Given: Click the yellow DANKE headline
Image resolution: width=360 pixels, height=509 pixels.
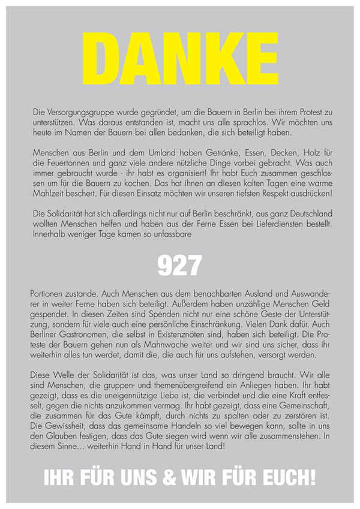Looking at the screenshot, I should (x=179, y=55).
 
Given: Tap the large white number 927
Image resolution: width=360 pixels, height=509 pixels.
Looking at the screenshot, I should (x=179, y=264).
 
